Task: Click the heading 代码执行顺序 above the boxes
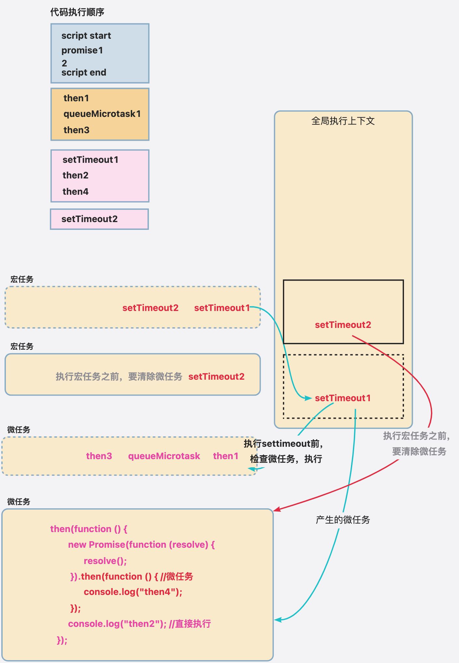point(77,12)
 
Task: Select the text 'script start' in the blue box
point(86,35)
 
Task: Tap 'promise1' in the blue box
point(82,50)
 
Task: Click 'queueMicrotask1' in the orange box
point(102,114)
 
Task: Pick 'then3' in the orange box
point(76,130)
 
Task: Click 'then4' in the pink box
point(75,191)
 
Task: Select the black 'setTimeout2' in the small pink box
point(89,219)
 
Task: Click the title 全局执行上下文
point(343,121)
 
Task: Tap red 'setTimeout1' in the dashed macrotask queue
point(222,308)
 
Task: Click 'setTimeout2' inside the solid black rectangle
point(343,325)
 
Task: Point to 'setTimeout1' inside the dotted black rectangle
point(343,398)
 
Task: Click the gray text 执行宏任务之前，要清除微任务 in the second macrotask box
point(119,377)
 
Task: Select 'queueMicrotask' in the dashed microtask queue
point(164,456)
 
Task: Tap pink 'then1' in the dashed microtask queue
point(226,456)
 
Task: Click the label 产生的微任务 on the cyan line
point(343,520)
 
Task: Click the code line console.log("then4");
point(133,592)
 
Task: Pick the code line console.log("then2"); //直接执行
point(139,624)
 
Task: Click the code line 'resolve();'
point(105,561)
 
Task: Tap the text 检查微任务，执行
point(286,459)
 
